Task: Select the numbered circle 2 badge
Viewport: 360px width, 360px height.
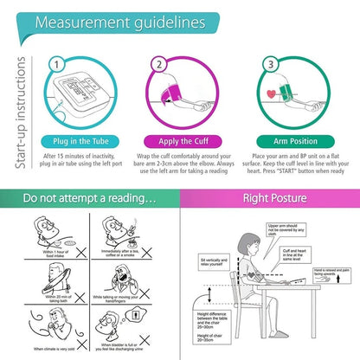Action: coord(158,63)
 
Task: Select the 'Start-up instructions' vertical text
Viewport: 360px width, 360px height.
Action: coord(11,90)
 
